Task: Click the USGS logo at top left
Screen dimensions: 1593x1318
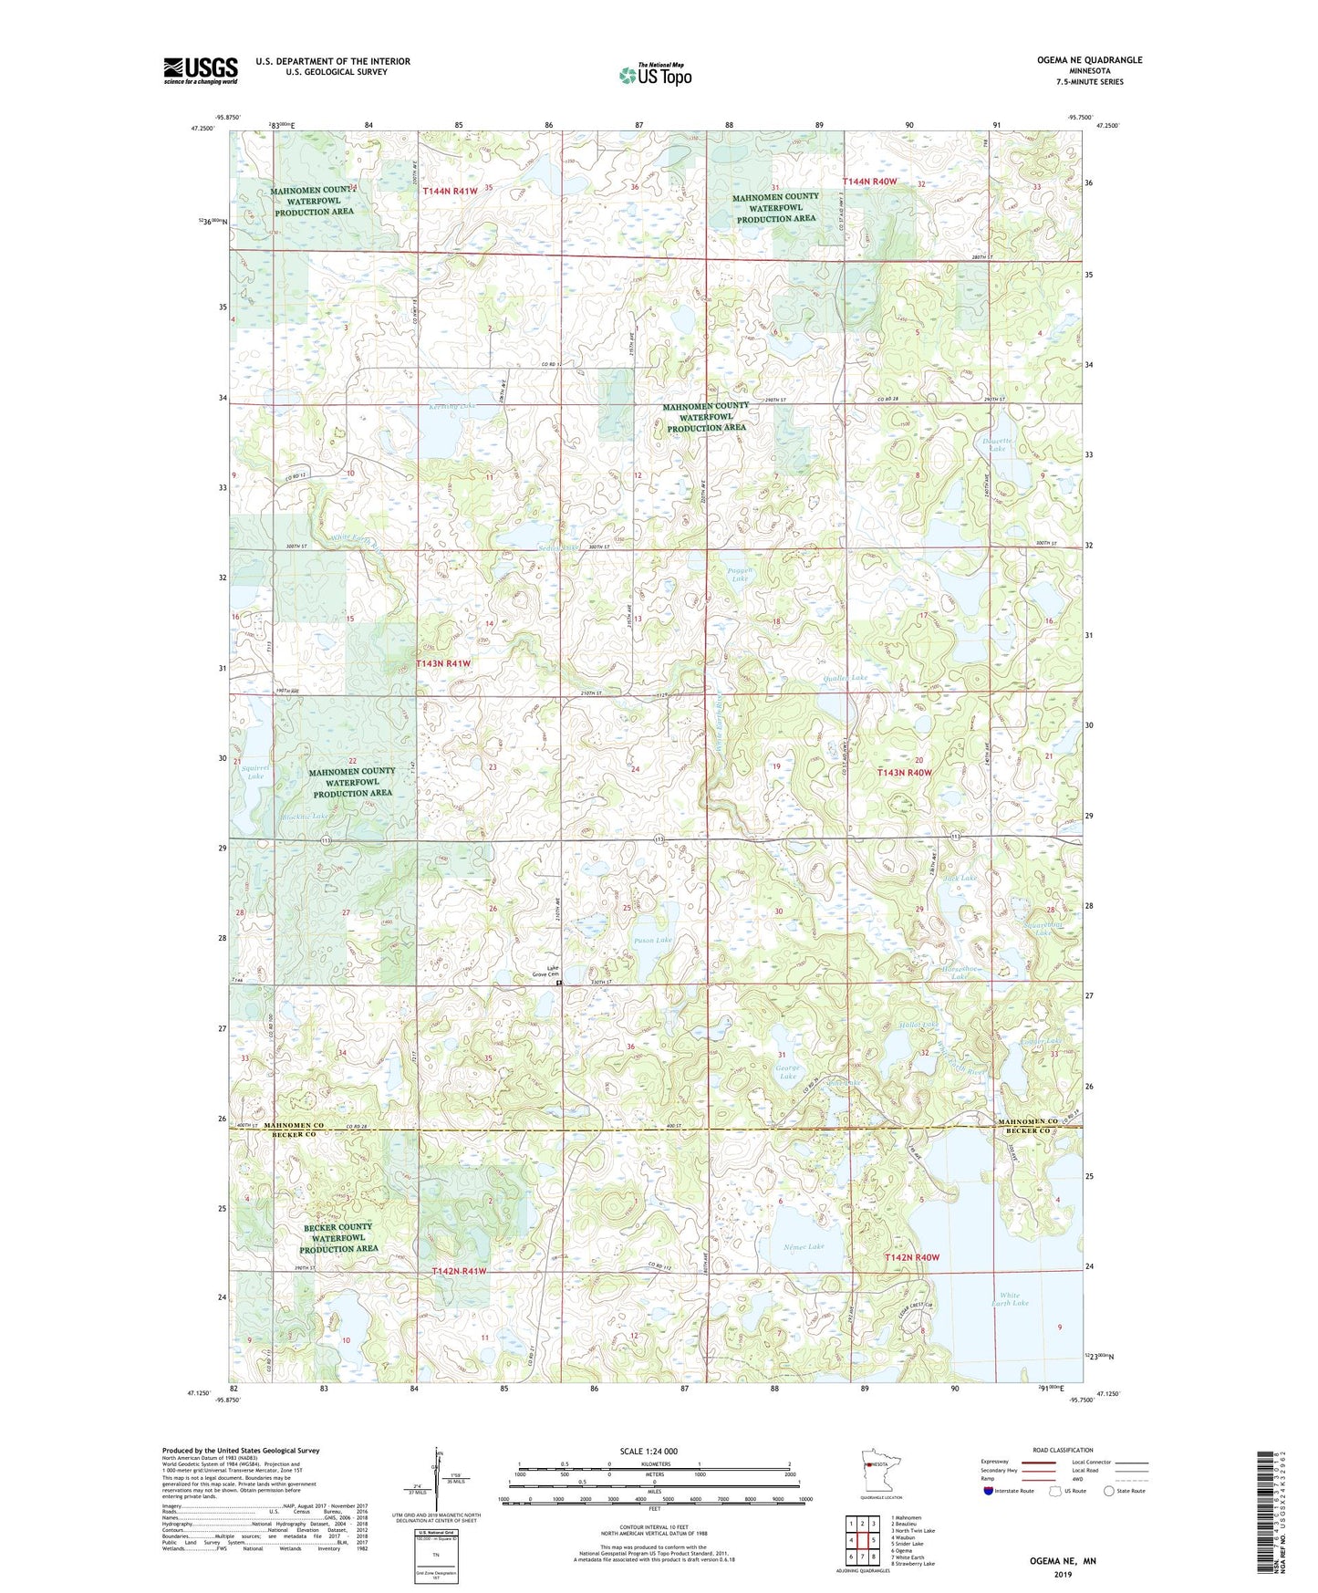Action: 201,70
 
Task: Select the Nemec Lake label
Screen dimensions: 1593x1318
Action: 804,1246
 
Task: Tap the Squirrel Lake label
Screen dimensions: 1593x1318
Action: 256,772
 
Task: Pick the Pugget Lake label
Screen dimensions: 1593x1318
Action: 739,575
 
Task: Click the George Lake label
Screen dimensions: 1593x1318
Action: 787,1072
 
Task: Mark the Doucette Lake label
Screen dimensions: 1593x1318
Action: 997,444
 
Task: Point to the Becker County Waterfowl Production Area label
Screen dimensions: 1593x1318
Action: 337,1238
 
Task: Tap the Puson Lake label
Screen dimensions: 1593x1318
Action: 652,940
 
